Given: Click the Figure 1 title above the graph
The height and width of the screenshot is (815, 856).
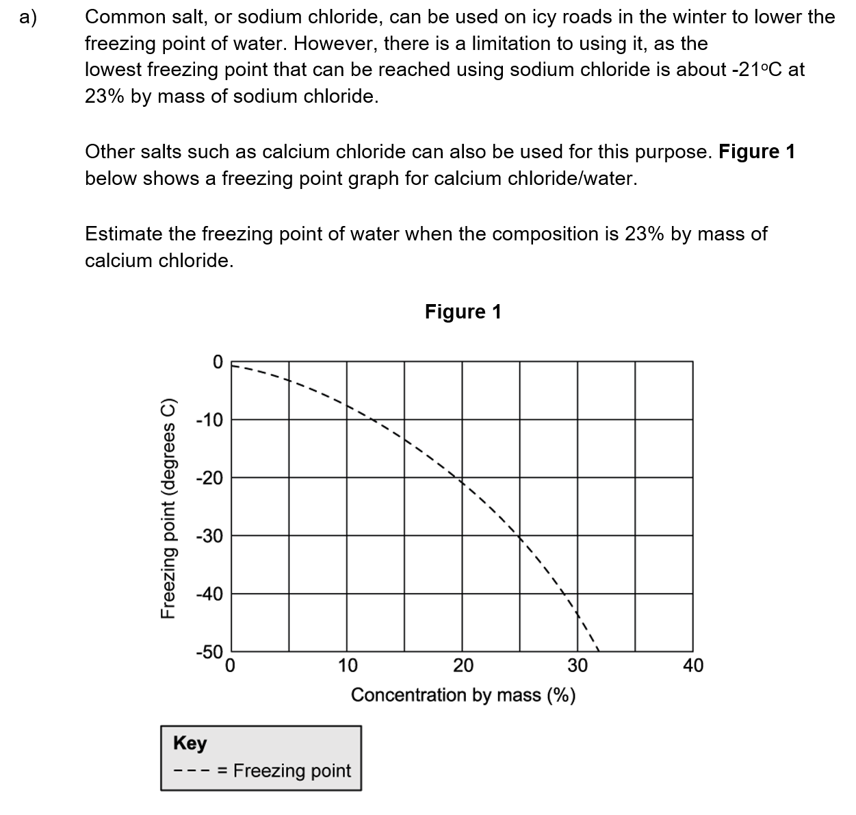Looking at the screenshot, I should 463,312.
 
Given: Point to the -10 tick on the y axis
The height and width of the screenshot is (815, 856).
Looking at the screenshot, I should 209,420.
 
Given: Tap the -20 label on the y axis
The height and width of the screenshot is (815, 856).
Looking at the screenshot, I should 209,478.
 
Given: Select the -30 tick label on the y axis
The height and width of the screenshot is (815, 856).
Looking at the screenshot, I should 209,536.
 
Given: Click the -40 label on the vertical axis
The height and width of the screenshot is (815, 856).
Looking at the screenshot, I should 209,594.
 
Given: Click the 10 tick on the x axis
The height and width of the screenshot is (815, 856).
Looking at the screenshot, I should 347,666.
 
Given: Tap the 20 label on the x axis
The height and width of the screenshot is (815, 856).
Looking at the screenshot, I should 463,666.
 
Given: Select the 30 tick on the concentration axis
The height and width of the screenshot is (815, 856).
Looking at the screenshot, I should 578,666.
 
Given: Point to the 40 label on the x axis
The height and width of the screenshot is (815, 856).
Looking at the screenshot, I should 692,666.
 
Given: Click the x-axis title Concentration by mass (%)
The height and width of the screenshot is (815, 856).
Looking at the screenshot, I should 463,695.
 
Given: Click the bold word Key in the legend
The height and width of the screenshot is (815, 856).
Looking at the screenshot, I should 190,743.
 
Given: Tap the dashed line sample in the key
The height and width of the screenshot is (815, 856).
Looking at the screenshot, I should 194,771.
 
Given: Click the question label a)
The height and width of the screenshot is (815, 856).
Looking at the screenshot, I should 29,17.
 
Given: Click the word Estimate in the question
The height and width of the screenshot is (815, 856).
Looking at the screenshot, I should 125,234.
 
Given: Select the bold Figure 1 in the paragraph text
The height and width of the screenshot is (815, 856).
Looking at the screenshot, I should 757,151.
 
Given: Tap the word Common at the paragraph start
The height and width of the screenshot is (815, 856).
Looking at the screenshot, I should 124,17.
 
